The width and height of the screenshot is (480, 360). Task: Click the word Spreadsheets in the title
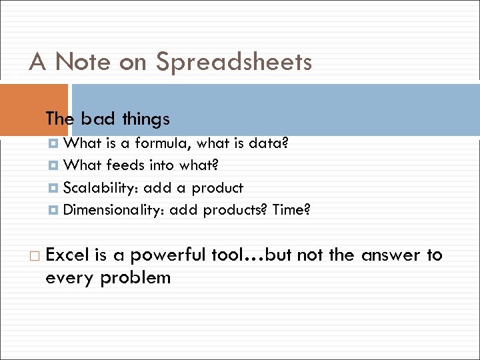[x=233, y=63]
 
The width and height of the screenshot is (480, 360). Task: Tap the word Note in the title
[x=83, y=62]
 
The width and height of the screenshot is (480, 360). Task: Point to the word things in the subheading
[x=145, y=120]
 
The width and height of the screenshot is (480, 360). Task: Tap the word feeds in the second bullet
[x=123, y=165]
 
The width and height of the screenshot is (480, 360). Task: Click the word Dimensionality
[x=114, y=211]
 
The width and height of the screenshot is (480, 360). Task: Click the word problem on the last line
[x=135, y=278]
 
